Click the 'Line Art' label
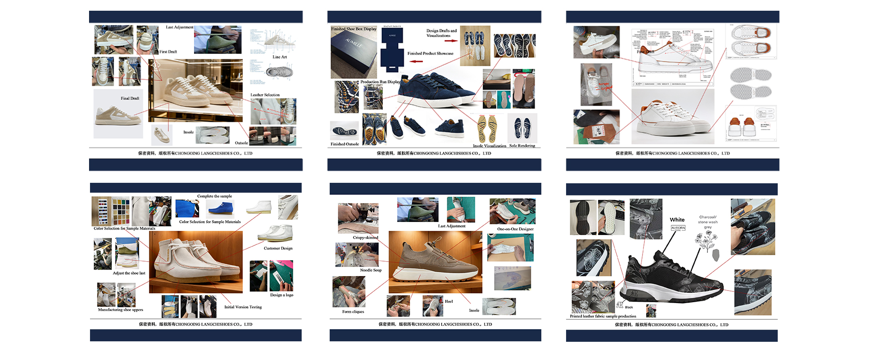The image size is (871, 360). click(x=280, y=57)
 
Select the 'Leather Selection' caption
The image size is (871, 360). click(x=265, y=95)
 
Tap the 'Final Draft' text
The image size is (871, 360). click(x=130, y=98)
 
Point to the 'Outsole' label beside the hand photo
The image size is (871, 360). click(x=241, y=143)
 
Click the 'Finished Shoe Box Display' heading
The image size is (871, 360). click(x=353, y=29)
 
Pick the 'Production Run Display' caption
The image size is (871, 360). click(x=380, y=82)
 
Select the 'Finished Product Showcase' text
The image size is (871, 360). click(x=430, y=54)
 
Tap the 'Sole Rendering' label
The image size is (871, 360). click(x=522, y=146)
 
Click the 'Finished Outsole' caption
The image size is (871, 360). click(x=345, y=144)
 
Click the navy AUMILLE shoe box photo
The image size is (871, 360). click(x=353, y=52)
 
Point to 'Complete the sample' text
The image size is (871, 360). click(x=214, y=196)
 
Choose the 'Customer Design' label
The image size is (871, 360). click(x=278, y=249)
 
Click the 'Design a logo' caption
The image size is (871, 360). click(x=282, y=295)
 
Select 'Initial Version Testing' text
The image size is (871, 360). click(x=243, y=307)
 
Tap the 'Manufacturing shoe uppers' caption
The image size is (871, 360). click(x=120, y=310)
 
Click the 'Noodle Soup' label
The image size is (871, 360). click(x=371, y=270)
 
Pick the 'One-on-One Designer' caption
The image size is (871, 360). click(x=515, y=229)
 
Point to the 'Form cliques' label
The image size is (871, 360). click(x=353, y=312)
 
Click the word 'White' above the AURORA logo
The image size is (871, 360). click(x=677, y=220)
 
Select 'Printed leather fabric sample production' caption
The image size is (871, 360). click(x=603, y=316)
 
